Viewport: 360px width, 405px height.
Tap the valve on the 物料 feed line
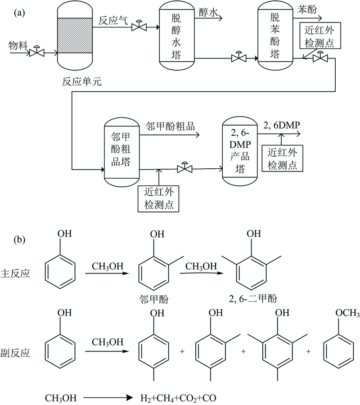tap(36, 53)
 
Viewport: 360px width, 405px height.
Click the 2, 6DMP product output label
tap(281, 125)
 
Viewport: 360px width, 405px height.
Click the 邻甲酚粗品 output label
tap(171, 126)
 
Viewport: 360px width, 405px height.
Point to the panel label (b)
tap(20, 239)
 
